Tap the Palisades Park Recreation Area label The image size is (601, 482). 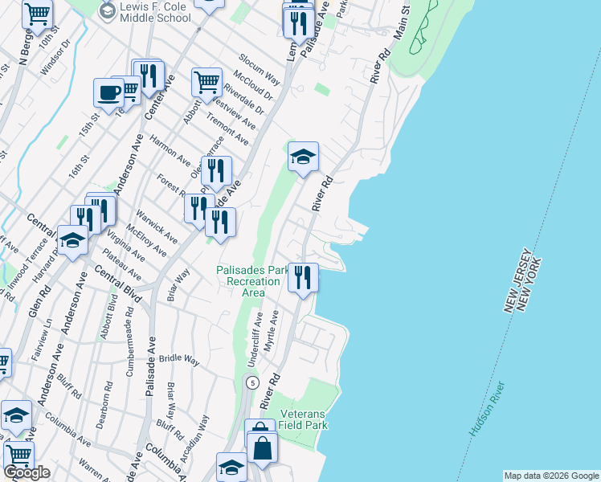pyautogui.click(x=252, y=281)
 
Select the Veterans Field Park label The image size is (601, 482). pyautogui.click(x=305, y=419)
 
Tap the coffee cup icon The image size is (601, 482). pyautogui.click(x=108, y=92)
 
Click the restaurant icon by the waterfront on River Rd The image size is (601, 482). pyautogui.click(x=303, y=278)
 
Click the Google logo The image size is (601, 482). pyautogui.click(x=27, y=473)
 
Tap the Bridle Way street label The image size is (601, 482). pyautogui.click(x=178, y=359)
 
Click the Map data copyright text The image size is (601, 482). pyautogui.click(x=551, y=476)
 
